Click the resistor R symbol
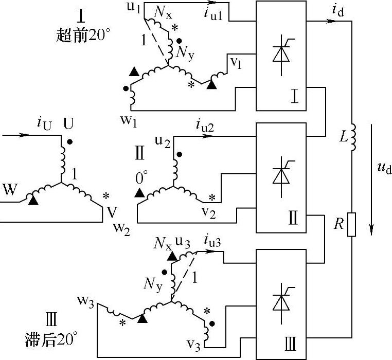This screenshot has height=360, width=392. (x=351, y=224)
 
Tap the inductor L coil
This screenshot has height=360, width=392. (x=352, y=138)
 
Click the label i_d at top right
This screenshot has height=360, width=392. (x=339, y=9)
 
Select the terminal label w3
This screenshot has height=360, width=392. (x=85, y=300)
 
